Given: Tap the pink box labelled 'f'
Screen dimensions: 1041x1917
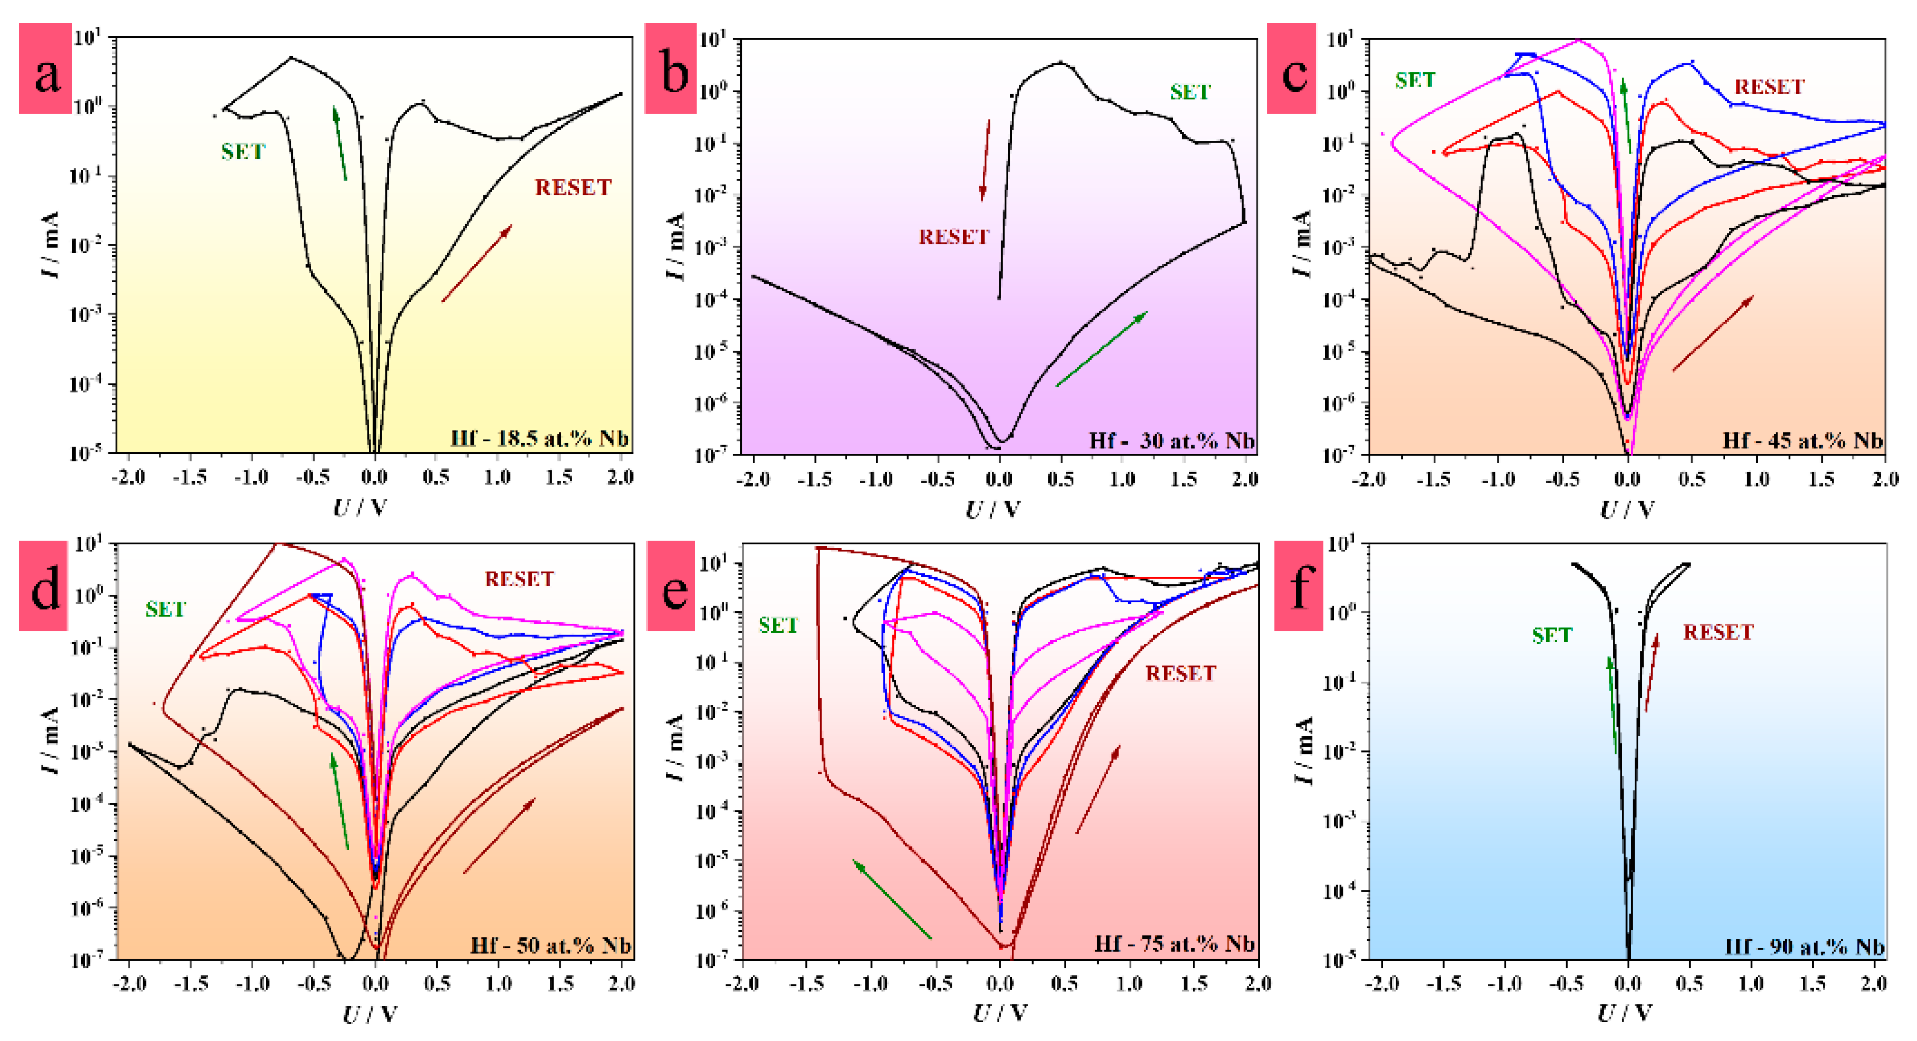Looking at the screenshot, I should point(1299,586).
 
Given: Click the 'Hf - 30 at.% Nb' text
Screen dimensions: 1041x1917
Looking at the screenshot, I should point(1171,440).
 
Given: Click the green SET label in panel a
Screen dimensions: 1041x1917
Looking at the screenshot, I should point(243,152).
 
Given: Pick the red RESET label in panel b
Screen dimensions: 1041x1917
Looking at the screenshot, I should point(953,237).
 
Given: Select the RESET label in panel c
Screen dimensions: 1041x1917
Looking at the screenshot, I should point(1769,87).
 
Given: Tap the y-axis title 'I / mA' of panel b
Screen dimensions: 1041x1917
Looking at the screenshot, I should point(675,246).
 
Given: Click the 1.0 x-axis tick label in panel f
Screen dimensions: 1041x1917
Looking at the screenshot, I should point(1750,983).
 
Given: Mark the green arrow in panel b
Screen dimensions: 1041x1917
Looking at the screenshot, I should point(1101,349).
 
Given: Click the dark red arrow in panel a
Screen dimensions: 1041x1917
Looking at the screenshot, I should point(477,263).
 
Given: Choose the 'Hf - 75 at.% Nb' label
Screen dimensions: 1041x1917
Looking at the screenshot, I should point(1174,943).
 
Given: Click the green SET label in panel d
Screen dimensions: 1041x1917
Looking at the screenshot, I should point(165,609).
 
